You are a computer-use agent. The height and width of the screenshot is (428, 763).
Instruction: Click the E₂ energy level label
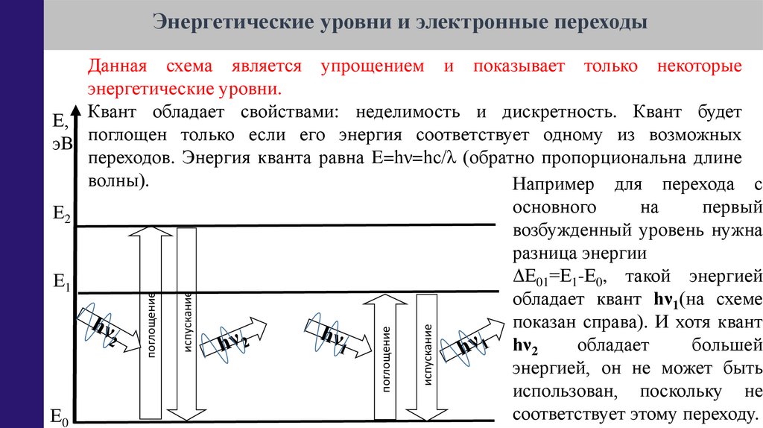click(x=61, y=215)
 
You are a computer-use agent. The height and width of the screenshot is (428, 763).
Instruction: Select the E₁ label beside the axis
click(x=61, y=282)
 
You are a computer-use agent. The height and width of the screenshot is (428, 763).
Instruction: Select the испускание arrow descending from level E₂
click(x=187, y=321)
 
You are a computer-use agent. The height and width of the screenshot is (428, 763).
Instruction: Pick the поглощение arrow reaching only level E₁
click(x=386, y=356)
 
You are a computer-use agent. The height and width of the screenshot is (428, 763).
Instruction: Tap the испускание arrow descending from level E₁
click(x=427, y=356)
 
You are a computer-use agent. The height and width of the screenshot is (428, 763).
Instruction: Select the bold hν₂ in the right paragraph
click(x=527, y=345)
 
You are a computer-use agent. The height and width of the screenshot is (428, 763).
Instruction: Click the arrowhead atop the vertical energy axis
click(x=75, y=108)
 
